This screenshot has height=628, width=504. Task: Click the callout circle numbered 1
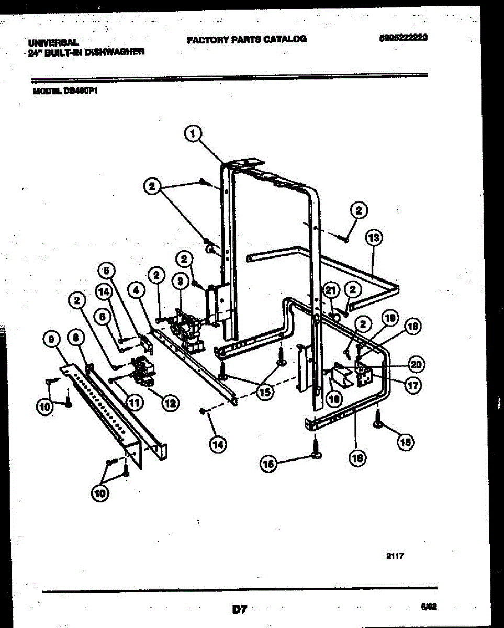(x=193, y=134)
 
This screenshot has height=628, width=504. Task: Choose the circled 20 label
(x=417, y=364)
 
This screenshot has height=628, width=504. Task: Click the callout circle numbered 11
(x=135, y=402)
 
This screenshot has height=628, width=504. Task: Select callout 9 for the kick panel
(x=51, y=341)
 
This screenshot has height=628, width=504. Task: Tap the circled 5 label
(x=107, y=271)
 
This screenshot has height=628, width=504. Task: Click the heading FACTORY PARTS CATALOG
(x=247, y=39)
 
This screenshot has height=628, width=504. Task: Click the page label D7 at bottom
(x=239, y=609)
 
